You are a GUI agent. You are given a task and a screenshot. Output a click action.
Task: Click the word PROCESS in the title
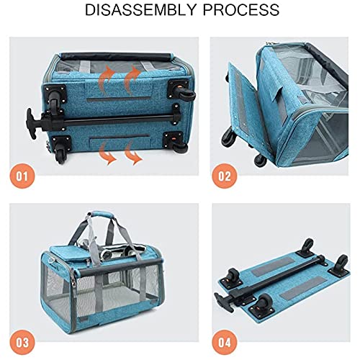243,11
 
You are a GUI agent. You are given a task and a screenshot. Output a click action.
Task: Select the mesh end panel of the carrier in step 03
66,284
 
